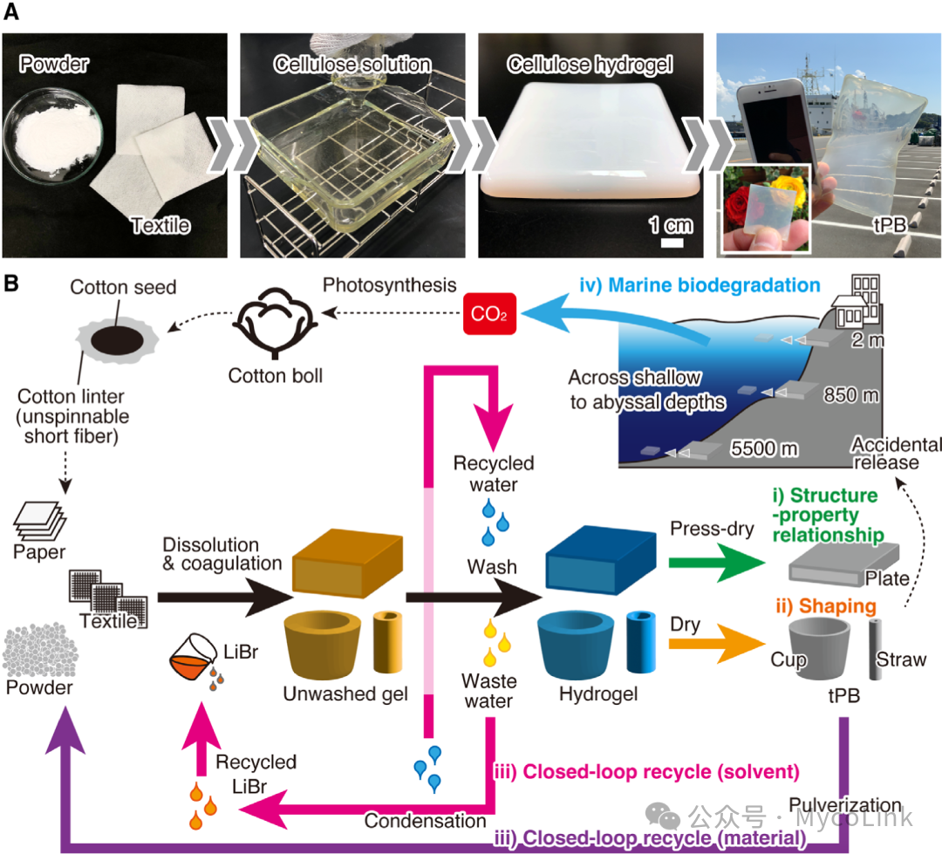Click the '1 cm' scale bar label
(x=670, y=225)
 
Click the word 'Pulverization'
(x=844, y=804)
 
